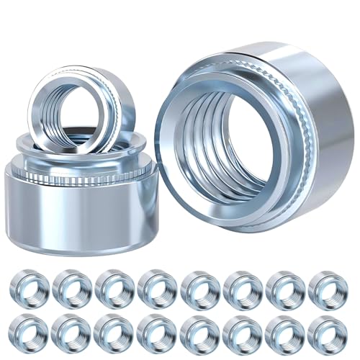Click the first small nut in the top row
(30, 287)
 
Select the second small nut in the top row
(72, 287)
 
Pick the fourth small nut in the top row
(157, 287)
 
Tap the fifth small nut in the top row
(199, 287)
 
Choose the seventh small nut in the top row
(284, 287)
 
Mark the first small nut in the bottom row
(30, 332)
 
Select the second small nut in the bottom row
(72, 332)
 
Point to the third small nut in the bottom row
(114, 332)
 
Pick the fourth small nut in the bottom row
(157, 332)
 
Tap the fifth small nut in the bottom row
(199, 332)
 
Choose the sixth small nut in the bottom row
(242, 332)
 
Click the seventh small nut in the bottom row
(284, 332)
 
